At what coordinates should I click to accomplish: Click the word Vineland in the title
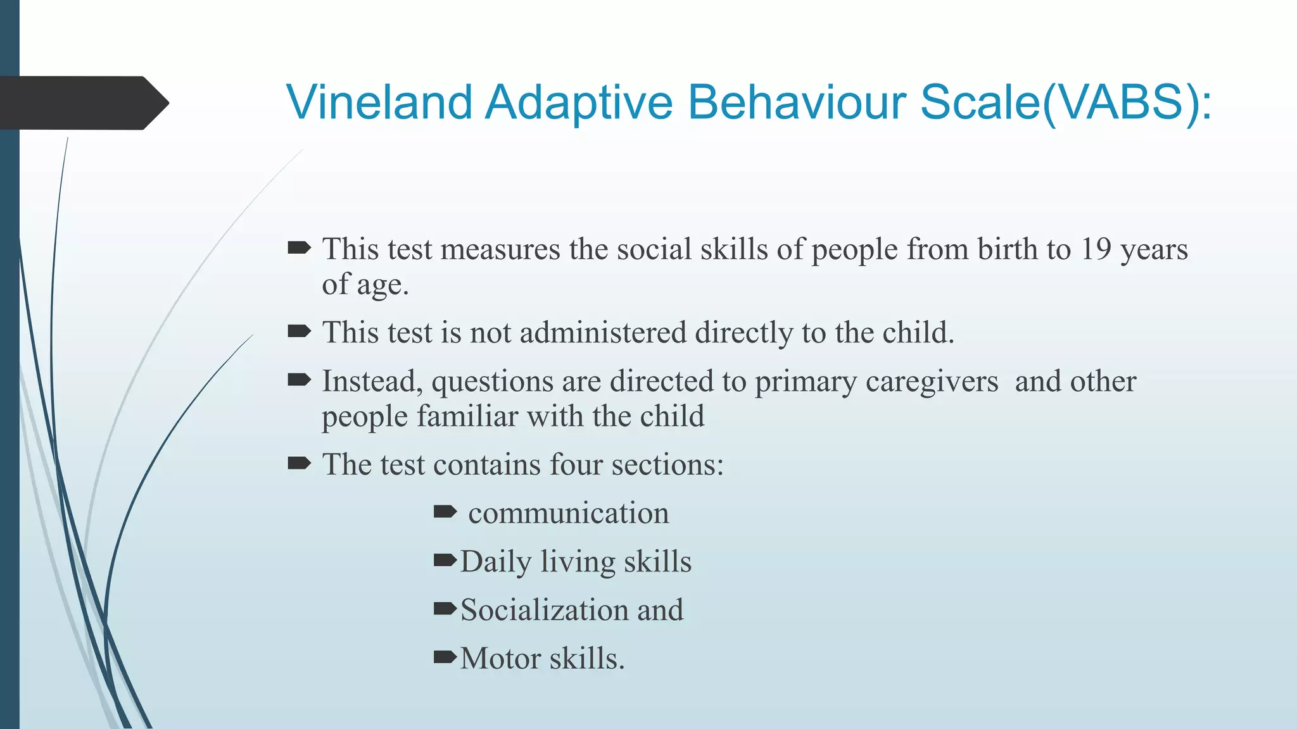(x=379, y=102)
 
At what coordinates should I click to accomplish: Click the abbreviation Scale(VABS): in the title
(x=1065, y=102)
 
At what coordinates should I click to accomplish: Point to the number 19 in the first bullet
(x=1096, y=249)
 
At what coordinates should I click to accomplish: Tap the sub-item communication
(x=568, y=513)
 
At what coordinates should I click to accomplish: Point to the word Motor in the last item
(x=500, y=659)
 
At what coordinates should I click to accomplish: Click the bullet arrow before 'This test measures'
(x=299, y=248)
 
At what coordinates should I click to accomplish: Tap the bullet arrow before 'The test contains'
(x=299, y=464)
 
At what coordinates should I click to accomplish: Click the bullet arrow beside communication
(x=445, y=511)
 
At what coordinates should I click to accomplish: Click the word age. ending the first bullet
(x=383, y=285)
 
